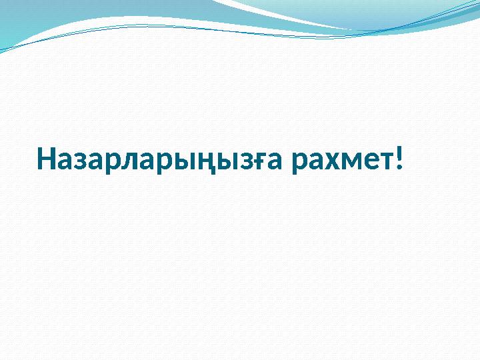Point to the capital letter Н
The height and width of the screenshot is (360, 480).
coord(48,160)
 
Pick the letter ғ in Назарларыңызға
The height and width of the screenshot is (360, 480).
coord(262,161)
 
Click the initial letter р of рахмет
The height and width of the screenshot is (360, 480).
coord(297,163)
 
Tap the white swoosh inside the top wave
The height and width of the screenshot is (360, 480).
coord(280,13)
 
